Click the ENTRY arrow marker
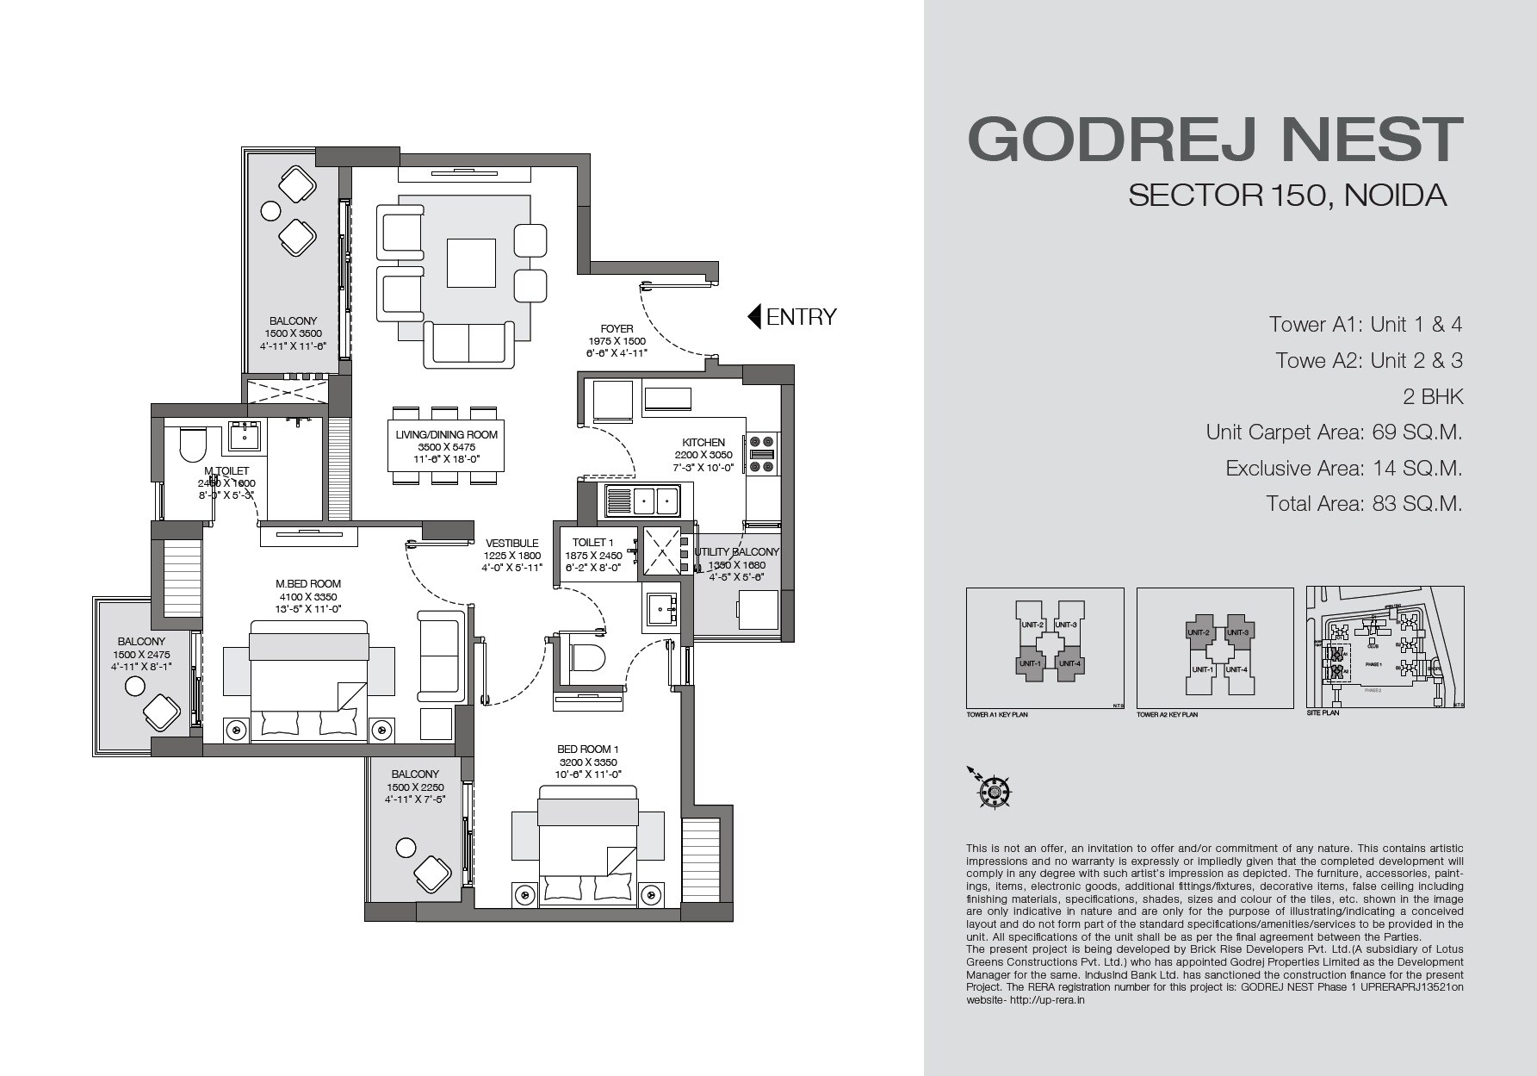pos(754,317)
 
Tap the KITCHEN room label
pos(703,442)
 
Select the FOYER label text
pos(617,328)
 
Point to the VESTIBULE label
pos(511,544)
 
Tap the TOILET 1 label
pos(593,543)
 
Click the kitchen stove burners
pos(763,454)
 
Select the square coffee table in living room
pos(471,264)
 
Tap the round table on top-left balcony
pos(271,210)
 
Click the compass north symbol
pos(994,790)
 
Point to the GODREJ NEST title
pos(1215,139)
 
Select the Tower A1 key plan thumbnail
pos(1044,648)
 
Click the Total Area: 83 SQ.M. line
pos(1364,504)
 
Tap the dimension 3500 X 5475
pos(446,447)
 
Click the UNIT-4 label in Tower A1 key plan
pos(1068,663)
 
